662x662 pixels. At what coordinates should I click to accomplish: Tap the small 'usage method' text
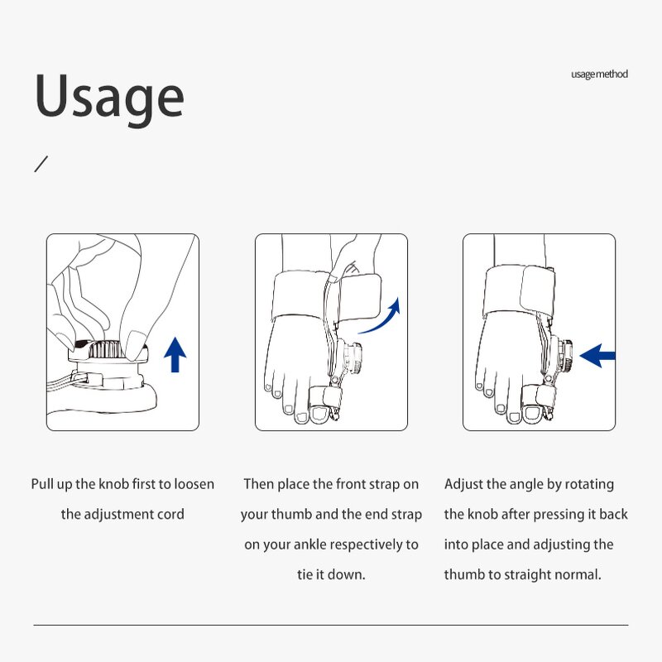click(x=599, y=74)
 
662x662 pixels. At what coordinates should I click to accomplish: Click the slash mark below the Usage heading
click(x=41, y=164)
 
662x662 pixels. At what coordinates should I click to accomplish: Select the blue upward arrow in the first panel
click(x=175, y=355)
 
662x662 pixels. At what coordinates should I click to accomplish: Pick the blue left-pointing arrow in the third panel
click(x=597, y=356)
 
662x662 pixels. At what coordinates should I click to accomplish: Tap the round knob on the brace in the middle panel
click(x=353, y=359)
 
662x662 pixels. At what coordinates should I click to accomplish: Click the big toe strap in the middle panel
click(x=324, y=397)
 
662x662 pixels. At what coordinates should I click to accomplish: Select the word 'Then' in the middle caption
click(x=258, y=484)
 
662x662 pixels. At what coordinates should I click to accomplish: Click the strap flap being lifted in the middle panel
click(x=359, y=298)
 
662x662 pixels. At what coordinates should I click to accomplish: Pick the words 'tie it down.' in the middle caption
click(x=332, y=574)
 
